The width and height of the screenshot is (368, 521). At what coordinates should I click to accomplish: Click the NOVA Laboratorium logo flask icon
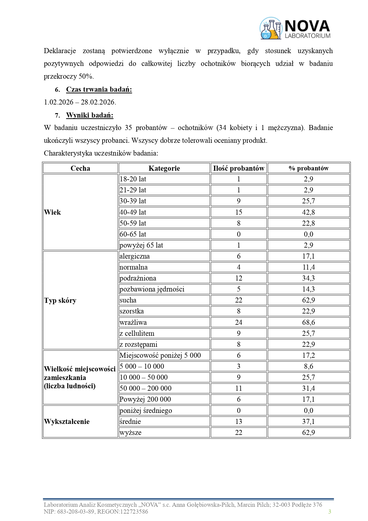pos(270,29)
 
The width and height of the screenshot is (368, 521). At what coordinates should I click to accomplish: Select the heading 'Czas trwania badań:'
pos(99,89)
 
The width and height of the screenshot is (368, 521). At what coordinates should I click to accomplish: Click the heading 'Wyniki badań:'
pos(90,115)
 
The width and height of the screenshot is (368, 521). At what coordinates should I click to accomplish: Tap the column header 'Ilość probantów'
pos(238,168)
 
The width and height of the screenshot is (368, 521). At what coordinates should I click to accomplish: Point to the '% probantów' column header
pos(308,168)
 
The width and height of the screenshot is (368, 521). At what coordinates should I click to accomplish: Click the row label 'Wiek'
pos(52,212)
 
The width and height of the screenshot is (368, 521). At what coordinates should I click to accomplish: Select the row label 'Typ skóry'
pos(60,300)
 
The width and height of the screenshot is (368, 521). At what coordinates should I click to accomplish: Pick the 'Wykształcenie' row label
pos(67,422)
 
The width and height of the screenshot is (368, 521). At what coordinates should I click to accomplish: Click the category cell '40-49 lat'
pos(133,212)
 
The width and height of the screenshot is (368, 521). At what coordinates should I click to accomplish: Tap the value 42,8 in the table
pos(308,212)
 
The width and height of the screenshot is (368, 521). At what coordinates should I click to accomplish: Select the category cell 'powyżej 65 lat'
pos(141,245)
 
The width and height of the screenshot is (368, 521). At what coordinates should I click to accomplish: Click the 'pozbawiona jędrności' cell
pos(152,289)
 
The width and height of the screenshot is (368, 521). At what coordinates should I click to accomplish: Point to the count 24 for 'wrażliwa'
pos(238,322)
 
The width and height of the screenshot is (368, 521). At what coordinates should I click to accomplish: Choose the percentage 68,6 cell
pos(308,322)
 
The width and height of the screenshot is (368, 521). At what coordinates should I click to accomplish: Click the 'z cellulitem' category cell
pos(137,333)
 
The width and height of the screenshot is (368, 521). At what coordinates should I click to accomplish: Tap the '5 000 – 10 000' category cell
pos(142,366)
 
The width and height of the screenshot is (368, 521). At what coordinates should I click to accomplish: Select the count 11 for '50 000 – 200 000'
pos(238,388)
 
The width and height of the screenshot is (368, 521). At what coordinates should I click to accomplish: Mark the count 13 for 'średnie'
pos(238,422)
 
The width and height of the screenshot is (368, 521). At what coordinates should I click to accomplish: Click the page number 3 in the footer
pos(329,512)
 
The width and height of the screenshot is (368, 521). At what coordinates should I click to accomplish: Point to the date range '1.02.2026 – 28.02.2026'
pos(80,102)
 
